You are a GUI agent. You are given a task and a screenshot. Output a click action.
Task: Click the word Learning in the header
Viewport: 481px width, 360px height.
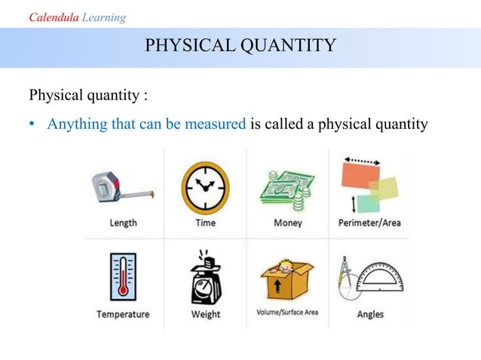click(x=105, y=17)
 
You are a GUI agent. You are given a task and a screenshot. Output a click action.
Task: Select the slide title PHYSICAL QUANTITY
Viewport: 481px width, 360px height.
click(x=240, y=47)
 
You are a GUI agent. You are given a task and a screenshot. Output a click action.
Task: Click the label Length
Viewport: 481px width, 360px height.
click(x=123, y=223)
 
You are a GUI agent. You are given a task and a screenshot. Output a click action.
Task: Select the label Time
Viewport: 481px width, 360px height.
click(x=205, y=223)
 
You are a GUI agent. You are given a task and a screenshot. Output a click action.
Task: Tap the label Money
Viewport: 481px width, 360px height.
click(x=287, y=223)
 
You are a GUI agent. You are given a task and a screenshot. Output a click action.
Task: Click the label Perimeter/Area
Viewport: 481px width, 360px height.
click(x=369, y=223)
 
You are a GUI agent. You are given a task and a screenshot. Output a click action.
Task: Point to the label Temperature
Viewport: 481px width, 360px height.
click(x=123, y=314)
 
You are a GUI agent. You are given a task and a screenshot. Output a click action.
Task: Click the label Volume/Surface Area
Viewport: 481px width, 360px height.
click(x=287, y=312)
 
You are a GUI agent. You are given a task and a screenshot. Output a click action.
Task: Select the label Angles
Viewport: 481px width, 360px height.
click(x=369, y=314)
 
